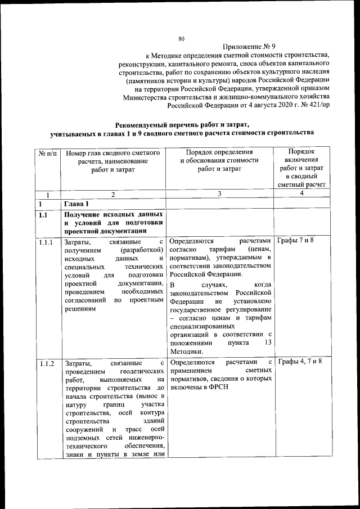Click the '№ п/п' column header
tap(48, 152)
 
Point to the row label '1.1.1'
tap(47, 242)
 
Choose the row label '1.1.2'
tap(47, 363)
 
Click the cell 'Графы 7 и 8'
tap(296, 241)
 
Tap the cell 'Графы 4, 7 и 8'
tap(300, 361)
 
